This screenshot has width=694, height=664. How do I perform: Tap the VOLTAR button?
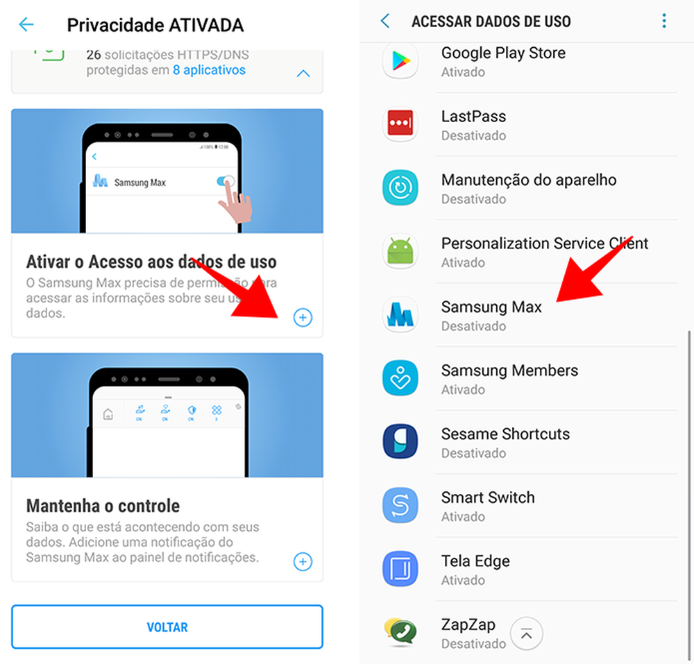tap(167, 627)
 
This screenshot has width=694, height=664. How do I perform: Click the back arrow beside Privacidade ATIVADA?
tap(26, 25)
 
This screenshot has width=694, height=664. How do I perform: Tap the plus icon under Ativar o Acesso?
tap(303, 318)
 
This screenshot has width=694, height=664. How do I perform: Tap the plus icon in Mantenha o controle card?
tap(303, 561)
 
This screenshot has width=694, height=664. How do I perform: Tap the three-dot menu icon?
tap(664, 21)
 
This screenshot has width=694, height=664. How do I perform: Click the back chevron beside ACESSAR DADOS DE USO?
tap(386, 21)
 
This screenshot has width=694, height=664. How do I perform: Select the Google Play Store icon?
tap(400, 61)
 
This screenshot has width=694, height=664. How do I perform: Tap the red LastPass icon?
tap(400, 124)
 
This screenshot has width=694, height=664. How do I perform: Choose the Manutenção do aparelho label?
tap(529, 180)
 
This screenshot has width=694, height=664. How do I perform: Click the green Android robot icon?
tap(400, 251)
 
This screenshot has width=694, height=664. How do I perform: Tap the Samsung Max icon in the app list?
tap(400, 315)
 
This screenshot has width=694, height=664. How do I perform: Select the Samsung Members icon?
tap(400, 378)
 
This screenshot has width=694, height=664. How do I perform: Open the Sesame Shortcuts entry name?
tap(505, 434)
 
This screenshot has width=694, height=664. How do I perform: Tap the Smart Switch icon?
tap(400, 506)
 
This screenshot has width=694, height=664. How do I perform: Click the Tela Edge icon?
tap(400, 569)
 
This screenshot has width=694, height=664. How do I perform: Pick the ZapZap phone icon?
tap(400, 631)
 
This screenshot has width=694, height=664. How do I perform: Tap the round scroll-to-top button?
tap(527, 633)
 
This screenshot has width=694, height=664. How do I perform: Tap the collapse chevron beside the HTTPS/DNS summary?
tap(303, 74)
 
